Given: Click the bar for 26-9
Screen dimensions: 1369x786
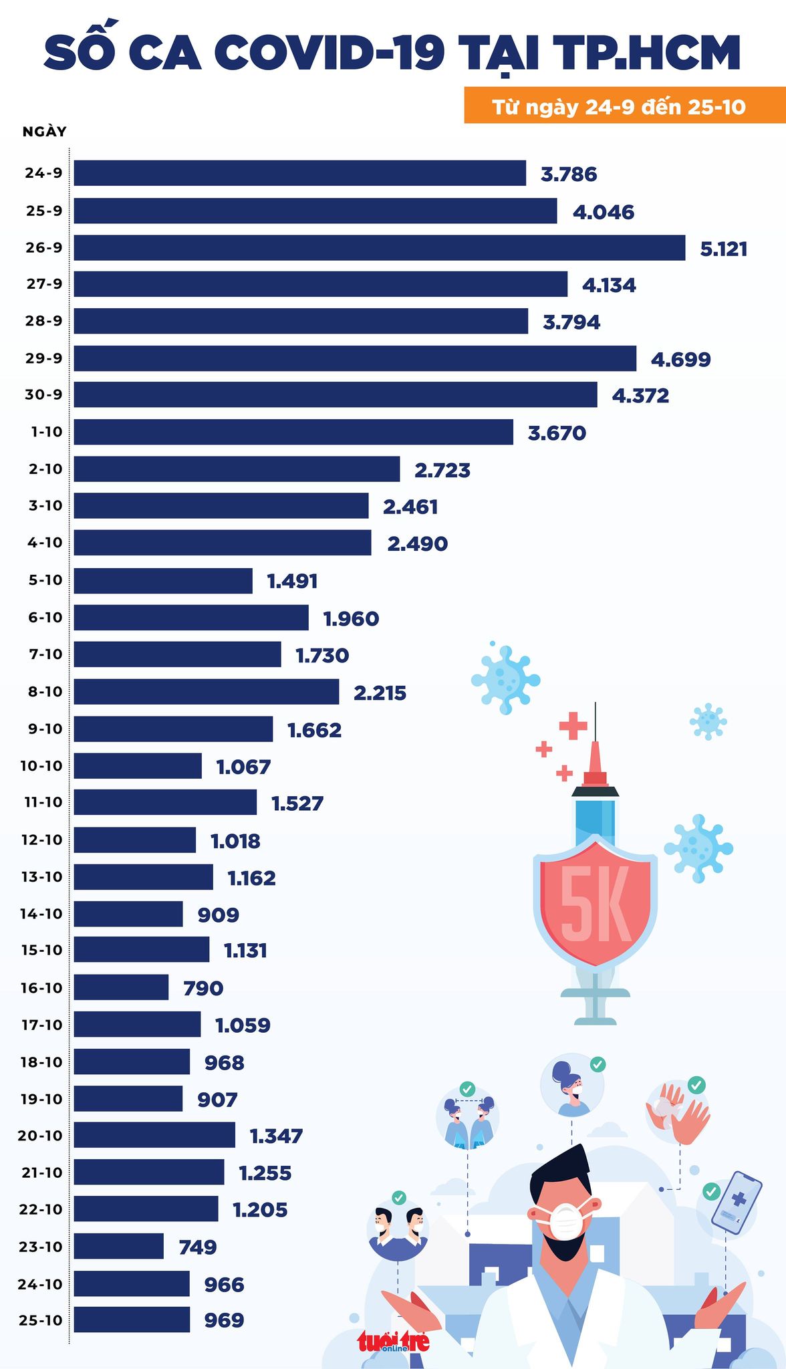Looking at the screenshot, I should pos(379,247).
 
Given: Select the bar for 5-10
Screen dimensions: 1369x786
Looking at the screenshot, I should pos(163,580).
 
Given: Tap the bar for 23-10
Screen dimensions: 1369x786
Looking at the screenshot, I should pos(118,1246).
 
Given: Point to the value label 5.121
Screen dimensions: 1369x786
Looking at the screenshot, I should pos(723,249).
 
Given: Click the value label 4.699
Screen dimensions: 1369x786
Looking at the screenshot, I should pos(680,360).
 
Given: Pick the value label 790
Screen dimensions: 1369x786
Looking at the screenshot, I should pos(203,988).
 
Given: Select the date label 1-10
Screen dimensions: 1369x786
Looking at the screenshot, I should pos(46,432).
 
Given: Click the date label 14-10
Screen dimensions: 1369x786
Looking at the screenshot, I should pos(41,913).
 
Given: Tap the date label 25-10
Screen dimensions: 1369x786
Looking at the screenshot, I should pos(41,1320).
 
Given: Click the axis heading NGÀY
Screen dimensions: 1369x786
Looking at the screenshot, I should pos(45,131).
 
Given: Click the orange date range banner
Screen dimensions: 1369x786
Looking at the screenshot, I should pos(624,106).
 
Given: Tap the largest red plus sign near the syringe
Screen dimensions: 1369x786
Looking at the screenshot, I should pos(573,725).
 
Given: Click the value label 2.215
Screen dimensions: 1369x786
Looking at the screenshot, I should pos(380,693).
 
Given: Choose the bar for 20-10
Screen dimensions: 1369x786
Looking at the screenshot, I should pos(154,1135).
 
